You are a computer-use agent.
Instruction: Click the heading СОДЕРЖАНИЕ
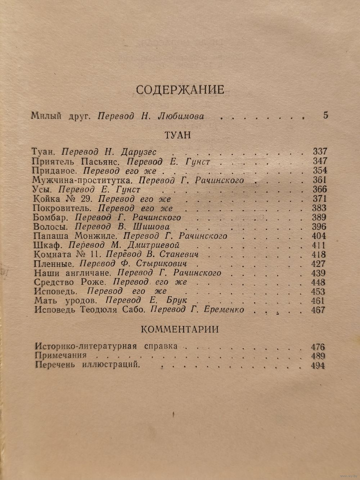pyautogui.click(x=180, y=89)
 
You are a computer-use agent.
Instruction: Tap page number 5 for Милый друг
pyautogui.click(x=326, y=116)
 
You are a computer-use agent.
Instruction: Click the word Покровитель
pyautogui.click(x=63, y=208)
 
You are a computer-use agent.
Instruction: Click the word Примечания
pyautogui.click(x=61, y=356)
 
